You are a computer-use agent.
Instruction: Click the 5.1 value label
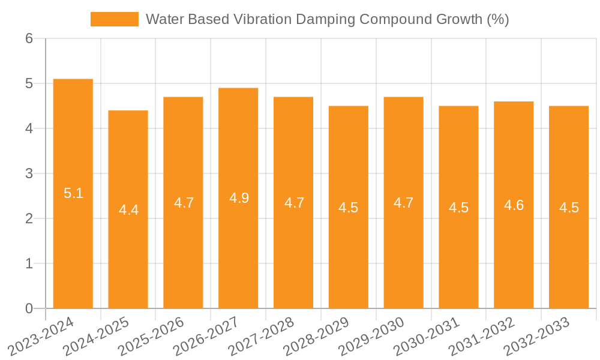click(x=73, y=193)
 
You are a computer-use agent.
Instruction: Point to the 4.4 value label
click(x=128, y=210)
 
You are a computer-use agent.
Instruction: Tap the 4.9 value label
click(x=239, y=198)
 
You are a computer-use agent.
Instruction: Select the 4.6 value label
click(x=514, y=205)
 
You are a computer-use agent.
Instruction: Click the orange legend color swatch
click(x=114, y=19)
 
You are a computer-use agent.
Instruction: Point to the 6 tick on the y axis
click(x=29, y=38)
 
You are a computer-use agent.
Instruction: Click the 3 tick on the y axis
click(x=29, y=173)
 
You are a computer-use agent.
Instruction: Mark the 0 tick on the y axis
click(x=29, y=308)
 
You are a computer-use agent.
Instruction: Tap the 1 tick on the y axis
click(x=29, y=263)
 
